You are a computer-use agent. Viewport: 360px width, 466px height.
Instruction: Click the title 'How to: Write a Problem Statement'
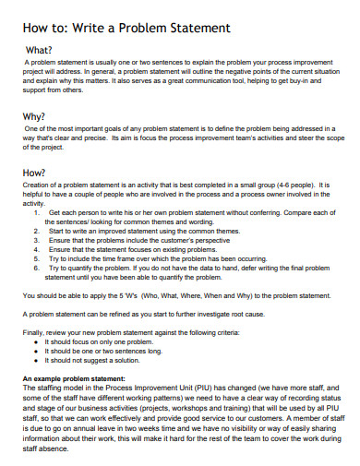click(x=126, y=29)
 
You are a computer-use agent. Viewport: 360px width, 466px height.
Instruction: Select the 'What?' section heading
click(x=40, y=50)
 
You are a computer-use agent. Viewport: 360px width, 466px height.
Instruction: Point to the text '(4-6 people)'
click(x=294, y=185)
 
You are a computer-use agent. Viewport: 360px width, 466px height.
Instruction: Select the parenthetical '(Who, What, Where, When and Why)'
click(x=205, y=295)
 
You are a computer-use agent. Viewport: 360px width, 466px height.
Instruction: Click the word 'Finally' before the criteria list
click(x=32, y=331)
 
